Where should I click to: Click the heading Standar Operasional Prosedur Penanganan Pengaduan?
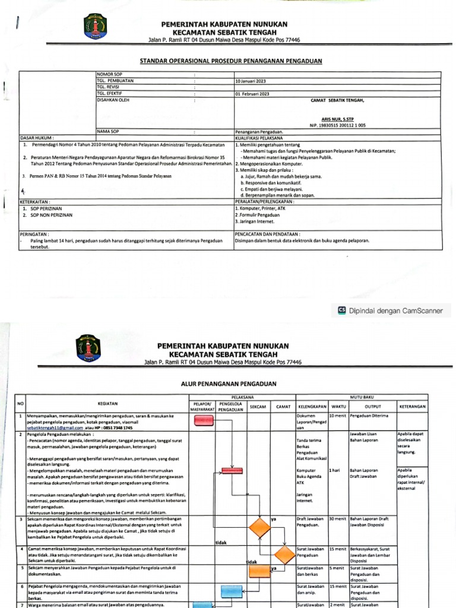tap(230, 61)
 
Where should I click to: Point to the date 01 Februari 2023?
tap(253, 94)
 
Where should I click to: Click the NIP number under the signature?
tap(338, 125)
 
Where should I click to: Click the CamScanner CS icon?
tap(341, 310)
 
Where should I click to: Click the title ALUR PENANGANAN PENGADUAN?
tap(229, 384)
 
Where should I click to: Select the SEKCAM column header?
tap(258, 406)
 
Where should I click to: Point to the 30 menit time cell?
tap(338, 520)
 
